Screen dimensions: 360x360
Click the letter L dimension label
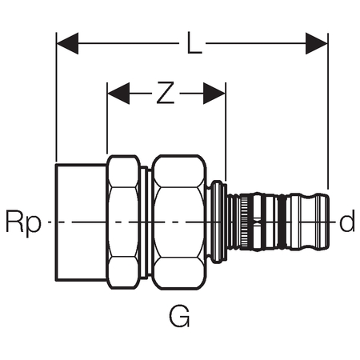[194, 43]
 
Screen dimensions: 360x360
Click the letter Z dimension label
[166, 93]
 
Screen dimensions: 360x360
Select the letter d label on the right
[347, 220]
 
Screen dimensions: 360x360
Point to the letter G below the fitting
[179, 317]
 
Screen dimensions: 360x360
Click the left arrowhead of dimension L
[67, 43]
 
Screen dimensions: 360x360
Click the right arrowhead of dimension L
[317, 43]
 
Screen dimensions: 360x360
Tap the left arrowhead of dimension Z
[118, 94]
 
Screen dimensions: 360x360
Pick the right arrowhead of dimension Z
[214, 94]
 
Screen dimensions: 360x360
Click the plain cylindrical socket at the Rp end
[81, 222]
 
